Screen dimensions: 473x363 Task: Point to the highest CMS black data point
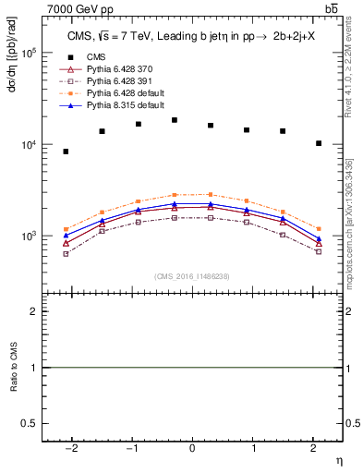point(175,120)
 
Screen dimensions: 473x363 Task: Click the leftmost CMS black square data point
point(66,152)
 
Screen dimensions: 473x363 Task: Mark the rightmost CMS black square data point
point(319,143)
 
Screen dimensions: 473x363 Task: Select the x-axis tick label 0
point(192,448)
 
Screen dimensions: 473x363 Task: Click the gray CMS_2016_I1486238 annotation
point(192,276)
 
